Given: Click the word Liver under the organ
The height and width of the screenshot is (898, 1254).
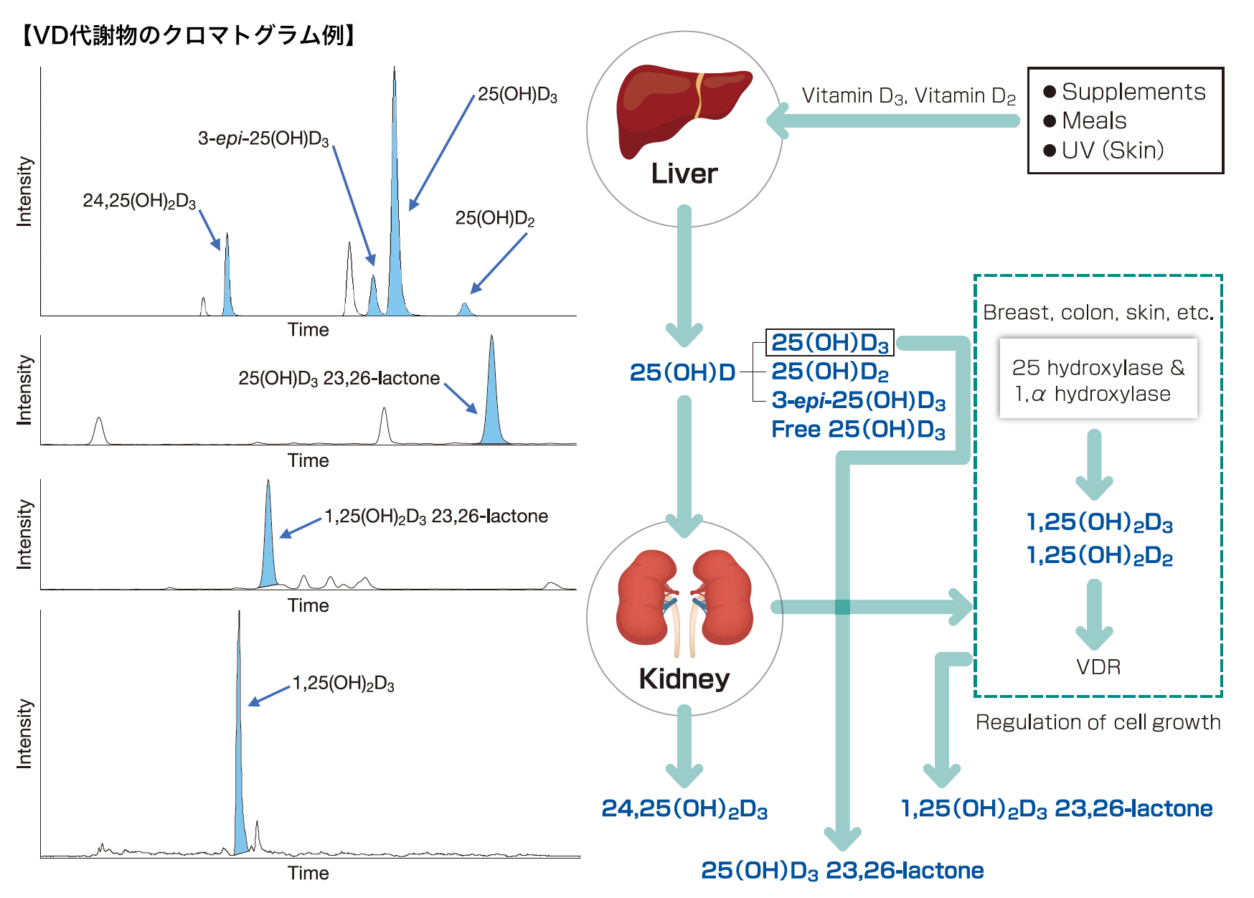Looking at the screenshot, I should (684, 174).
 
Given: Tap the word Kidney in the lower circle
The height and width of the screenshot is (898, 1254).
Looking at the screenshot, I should (684, 679).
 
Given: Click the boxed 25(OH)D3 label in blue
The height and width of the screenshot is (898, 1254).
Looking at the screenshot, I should (830, 343).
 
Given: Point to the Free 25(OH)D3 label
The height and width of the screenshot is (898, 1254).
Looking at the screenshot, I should (858, 429).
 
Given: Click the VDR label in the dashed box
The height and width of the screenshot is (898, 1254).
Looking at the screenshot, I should (1098, 667).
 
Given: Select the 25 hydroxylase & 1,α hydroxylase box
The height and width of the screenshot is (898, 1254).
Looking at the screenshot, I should (1098, 380).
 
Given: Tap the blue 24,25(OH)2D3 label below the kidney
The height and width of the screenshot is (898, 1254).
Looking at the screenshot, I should (684, 808).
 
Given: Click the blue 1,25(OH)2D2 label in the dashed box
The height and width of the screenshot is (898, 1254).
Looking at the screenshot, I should (1099, 555).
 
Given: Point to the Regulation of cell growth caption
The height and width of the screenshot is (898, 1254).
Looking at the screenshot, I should (1098, 722).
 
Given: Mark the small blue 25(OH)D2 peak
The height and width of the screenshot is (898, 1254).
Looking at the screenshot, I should (465, 309).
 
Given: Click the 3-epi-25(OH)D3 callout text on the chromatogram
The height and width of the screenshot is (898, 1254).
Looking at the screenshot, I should (263, 138).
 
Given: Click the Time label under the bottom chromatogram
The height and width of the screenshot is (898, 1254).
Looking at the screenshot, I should (308, 873).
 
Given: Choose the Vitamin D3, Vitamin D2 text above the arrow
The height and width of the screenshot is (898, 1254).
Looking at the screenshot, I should (908, 96).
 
